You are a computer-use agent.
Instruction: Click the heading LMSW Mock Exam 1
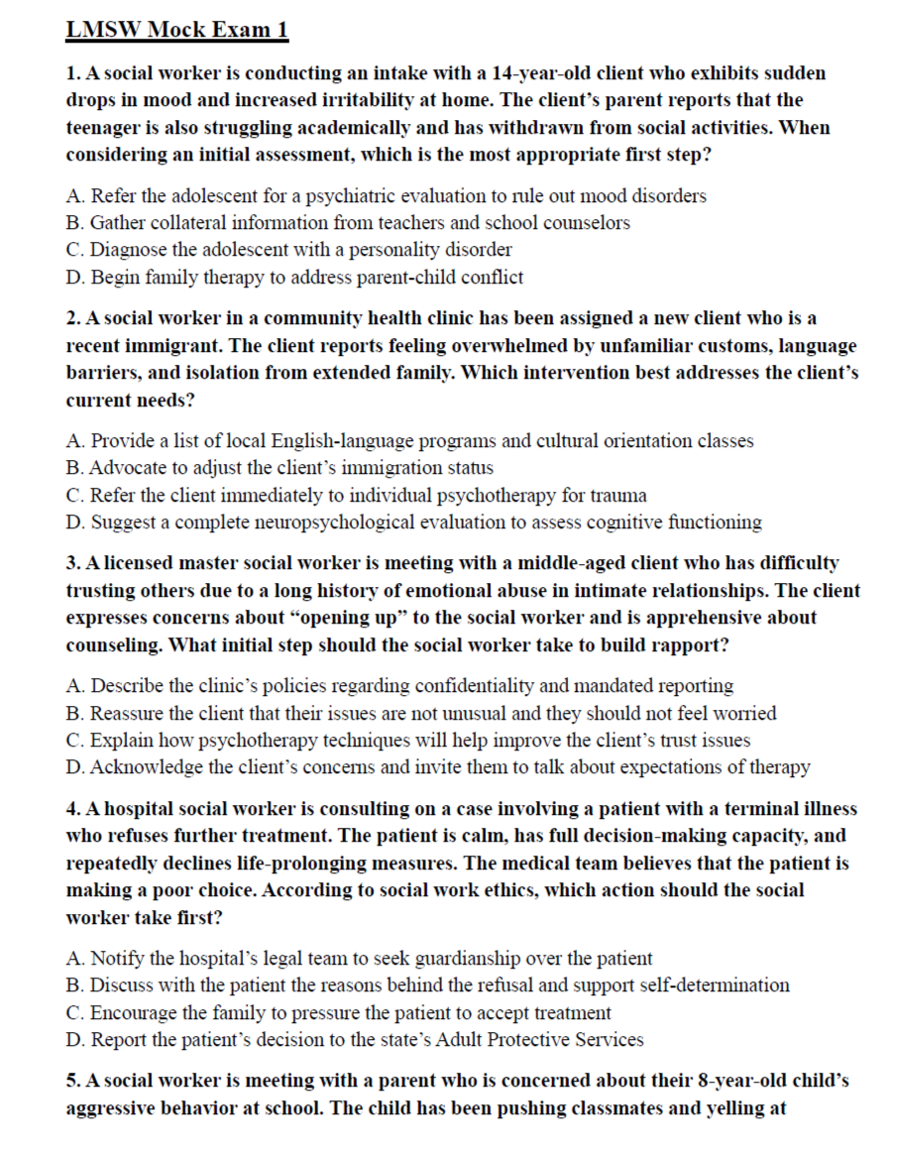point(177,30)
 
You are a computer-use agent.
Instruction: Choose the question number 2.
point(72,319)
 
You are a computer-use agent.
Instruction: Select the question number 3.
point(72,563)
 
